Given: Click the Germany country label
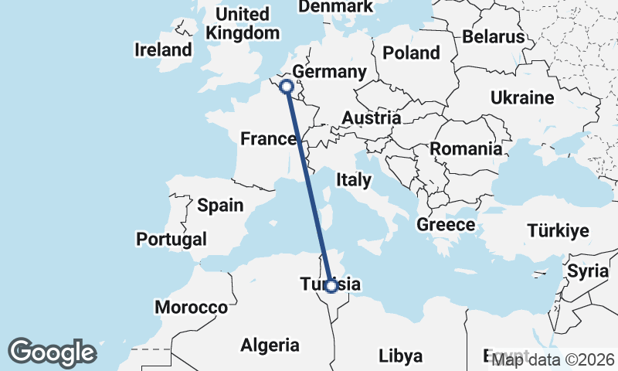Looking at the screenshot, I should [329, 72].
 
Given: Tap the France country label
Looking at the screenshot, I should [269, 139].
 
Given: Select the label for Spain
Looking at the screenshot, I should [220, 206].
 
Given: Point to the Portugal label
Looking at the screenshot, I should [171, 240].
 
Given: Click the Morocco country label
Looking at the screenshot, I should [191, 308].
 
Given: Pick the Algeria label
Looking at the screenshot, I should [270, 345].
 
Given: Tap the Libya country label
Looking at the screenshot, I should [401, 356].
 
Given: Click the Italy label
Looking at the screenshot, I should [354, 180].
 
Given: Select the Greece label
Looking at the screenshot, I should [445, 225].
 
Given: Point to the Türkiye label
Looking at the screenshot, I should [558, 230].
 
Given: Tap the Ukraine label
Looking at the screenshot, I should [522, 98].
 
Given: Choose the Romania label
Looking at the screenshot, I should [466, 148].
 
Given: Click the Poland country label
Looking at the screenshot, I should [412, 53].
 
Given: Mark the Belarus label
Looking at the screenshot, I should [493, 36].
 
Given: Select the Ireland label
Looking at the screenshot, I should [162, 50].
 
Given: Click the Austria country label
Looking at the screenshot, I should [371, 118].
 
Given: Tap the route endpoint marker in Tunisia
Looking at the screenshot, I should [331, 286].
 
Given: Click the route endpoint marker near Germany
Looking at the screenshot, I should [286, 87].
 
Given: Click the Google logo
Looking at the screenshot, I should [52, 352].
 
